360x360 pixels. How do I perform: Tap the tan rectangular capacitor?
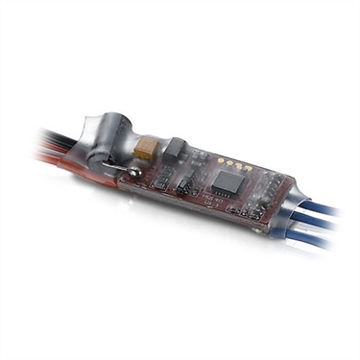147,149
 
